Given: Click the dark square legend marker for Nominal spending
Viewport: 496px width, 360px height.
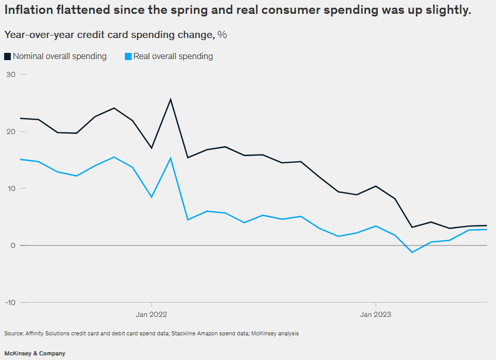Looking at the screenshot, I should [7, 56].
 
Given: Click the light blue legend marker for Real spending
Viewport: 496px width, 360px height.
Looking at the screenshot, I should [128, 56].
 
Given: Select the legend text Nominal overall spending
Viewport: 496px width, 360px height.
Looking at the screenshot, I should [60, 56].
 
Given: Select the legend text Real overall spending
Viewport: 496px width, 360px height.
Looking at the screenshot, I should [173, 56].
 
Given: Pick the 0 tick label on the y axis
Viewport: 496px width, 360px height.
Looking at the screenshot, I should [12, 245].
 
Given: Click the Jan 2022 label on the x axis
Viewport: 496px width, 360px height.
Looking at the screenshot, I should [151, 314].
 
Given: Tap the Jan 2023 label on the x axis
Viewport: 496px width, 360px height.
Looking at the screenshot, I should [376, 314].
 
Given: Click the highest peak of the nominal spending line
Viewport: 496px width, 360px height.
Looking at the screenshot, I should [170, 99].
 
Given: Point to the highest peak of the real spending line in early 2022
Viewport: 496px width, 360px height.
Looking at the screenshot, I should [170, 158].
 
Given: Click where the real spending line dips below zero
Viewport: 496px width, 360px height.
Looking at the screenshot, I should [412, 252].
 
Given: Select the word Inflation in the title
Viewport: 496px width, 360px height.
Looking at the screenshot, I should [30, 10].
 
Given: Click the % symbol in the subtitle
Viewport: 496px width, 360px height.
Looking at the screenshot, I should [222, 35].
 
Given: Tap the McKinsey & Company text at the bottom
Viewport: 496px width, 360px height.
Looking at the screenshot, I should [35, 353].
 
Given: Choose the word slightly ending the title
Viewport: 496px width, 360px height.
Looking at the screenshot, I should [447, 10].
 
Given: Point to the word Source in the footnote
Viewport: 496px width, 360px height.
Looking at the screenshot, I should [13, 333].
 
